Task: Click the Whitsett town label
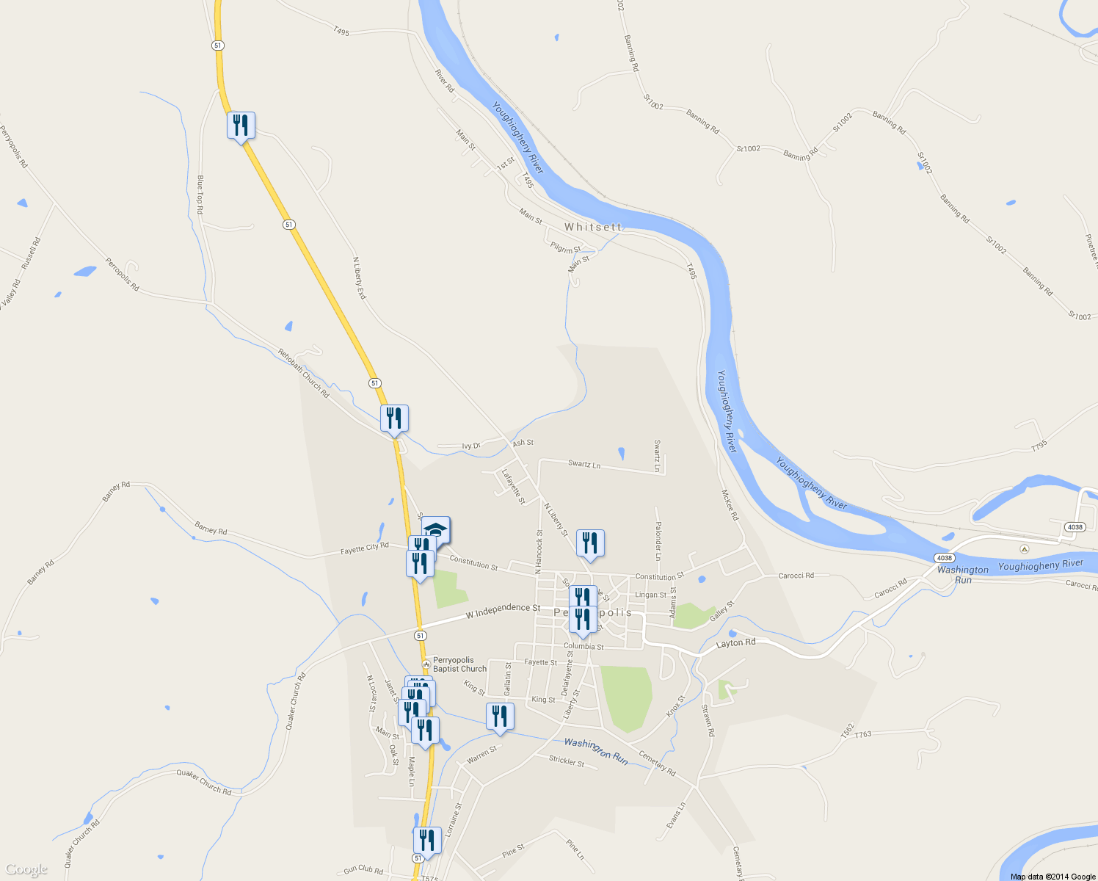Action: point(592,228)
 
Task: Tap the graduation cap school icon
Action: point(435,530)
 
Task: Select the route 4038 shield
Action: point(1075,527)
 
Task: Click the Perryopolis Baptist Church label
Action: point(459,664)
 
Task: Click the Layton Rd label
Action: point(735,643)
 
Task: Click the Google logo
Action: point(26,870)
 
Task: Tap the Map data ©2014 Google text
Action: point(1052,877)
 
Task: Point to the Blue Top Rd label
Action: point(200,195)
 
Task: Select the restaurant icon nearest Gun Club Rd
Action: point(426,841)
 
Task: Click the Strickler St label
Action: point(567,761)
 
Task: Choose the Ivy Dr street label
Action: point(471,446)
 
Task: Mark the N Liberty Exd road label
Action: point(359,278)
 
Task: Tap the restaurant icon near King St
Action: point(499,717)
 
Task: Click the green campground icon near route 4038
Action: point(1025,549)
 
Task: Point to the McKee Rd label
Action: point(730,505)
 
